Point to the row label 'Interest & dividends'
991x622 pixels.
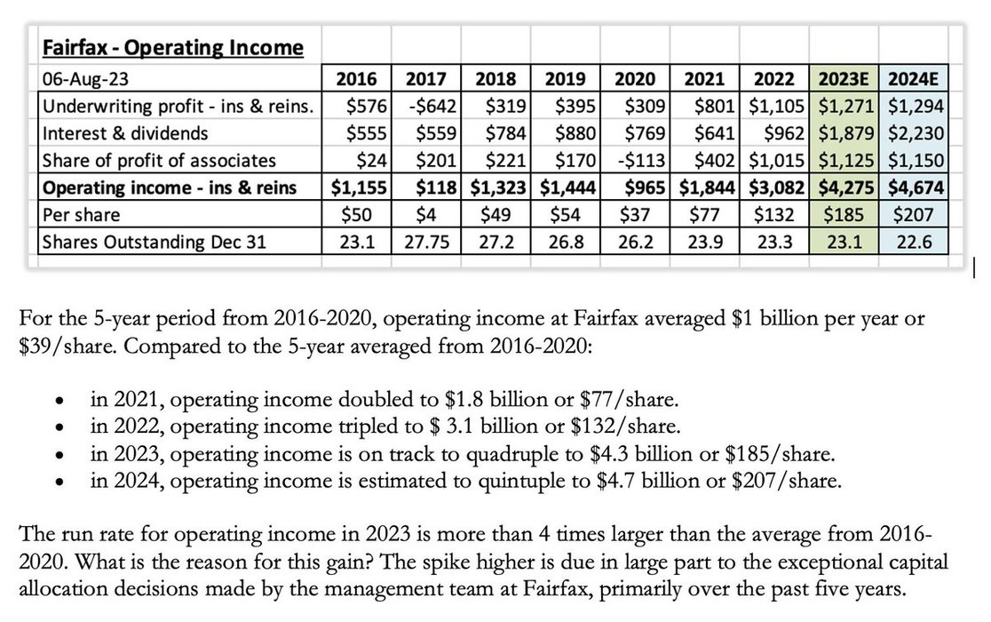(x=125, y=133)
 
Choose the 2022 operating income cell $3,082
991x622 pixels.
(x=777, y=187)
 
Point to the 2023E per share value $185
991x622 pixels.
(x=844, y=214)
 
